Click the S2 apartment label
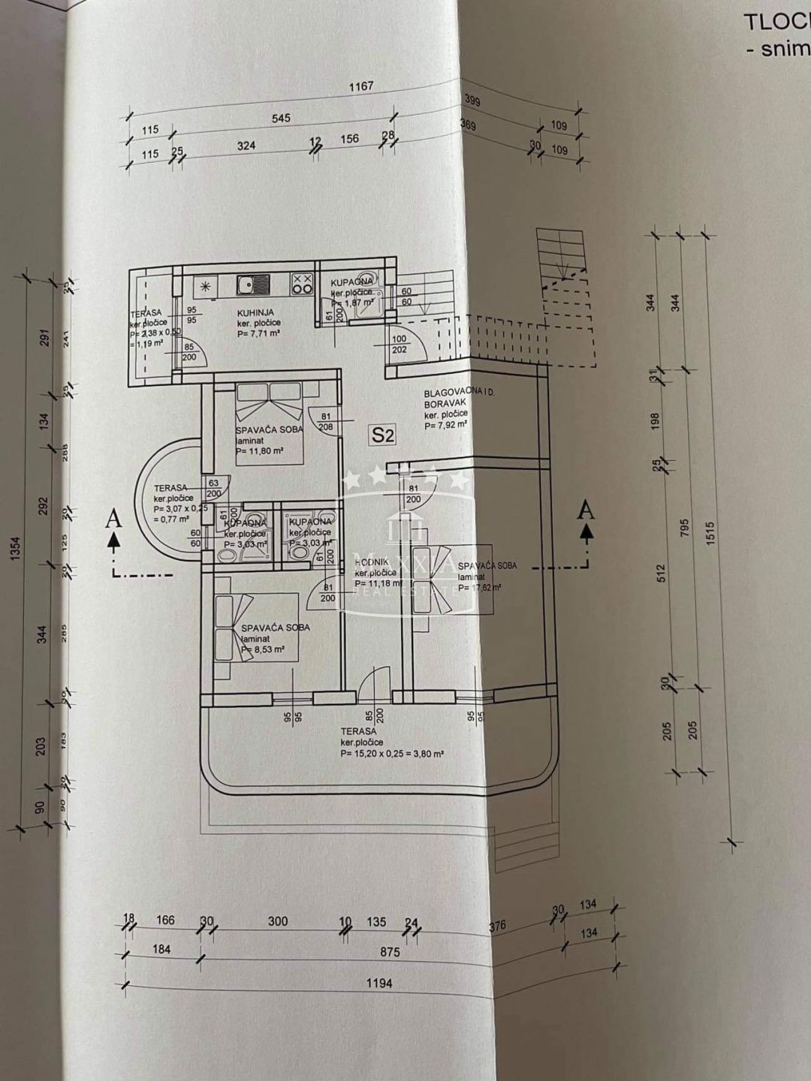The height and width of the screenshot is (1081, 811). (x=381, y=433)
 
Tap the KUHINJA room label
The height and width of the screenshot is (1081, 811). (x=255, y=312)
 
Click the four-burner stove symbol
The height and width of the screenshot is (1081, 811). (x=302, y=284)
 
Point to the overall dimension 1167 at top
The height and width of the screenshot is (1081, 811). (x=360, y=86)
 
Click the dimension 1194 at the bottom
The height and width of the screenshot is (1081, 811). (x=380, y=983)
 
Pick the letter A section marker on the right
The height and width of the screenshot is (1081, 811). (x=586, y=510)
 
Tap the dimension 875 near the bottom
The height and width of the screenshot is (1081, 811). (x=390, y=952)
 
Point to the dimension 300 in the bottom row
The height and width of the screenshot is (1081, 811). (x=277, y=921)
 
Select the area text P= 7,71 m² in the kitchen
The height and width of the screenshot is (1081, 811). (x=258, y=333)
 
